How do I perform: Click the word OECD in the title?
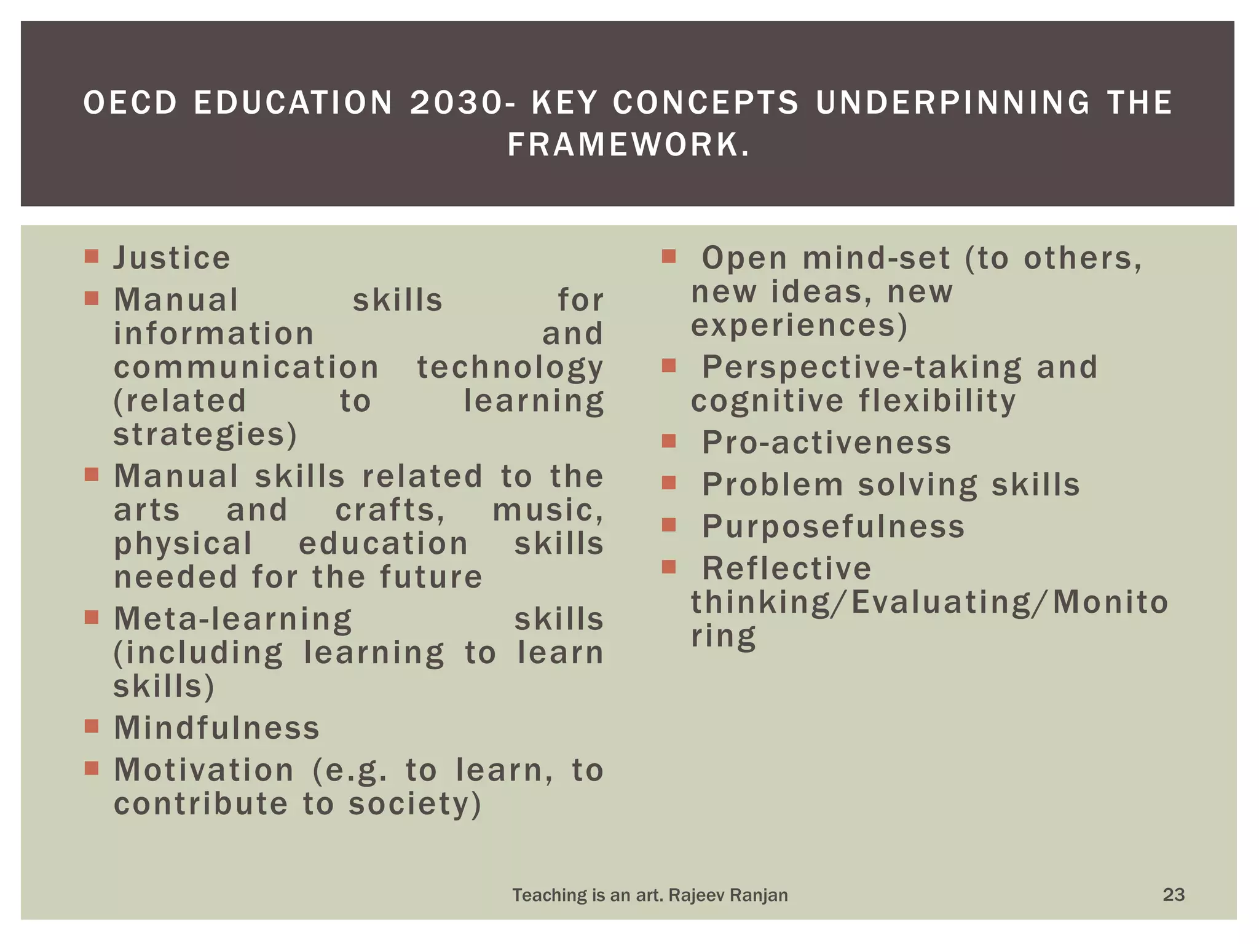[130, 103]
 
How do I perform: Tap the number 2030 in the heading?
[456, 103]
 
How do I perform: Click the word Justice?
[172, 258]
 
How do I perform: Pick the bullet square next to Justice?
[92, 256]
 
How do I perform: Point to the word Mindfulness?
[217, 728]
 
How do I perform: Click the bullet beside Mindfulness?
[92, 726]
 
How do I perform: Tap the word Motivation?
[204, 770]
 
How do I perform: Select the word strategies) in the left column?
[205, 435]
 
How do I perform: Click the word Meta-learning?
[233, 619]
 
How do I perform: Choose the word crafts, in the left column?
[390, 510]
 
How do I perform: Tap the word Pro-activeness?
[827, 442]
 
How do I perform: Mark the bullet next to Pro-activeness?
[669, 441]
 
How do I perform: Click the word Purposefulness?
[834, 527]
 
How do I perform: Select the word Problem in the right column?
[773, 484]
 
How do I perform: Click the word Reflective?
[787, 568]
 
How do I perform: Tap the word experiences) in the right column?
[799, 325]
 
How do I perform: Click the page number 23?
[1174, 894]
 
